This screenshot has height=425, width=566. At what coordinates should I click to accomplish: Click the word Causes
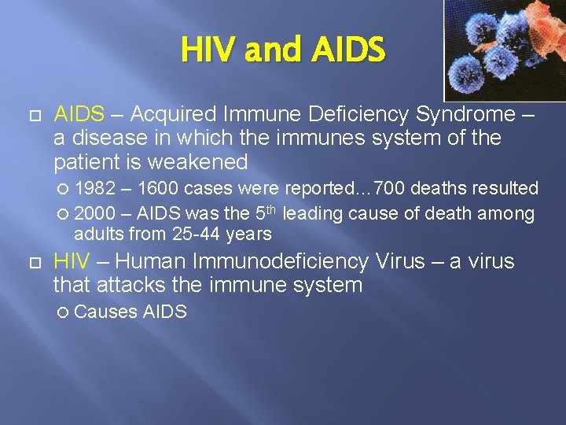click(105, 312)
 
